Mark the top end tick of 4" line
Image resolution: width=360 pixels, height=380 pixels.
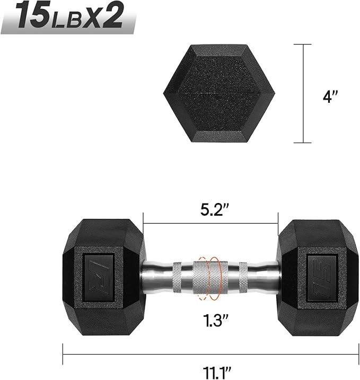[x=303, y=45]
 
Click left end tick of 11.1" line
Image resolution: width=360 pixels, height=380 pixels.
[x=63, y=350]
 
